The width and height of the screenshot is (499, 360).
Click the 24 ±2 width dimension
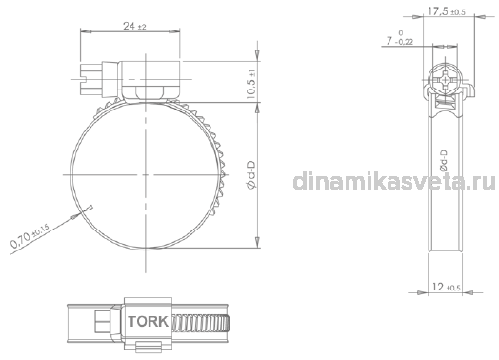pos(134,26)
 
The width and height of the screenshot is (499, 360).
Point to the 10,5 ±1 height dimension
pos(251,84)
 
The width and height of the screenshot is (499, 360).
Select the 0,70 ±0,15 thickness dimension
pos(30,235)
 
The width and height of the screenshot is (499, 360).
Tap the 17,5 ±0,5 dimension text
pos(447,11)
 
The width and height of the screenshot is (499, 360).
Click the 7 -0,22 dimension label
pos(400,38)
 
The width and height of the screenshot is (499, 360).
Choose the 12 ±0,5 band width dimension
pos(447,287)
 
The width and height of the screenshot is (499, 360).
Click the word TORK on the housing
pos(148,322)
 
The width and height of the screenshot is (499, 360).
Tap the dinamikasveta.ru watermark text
pos(394,182)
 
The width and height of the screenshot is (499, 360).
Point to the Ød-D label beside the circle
pos(251,174)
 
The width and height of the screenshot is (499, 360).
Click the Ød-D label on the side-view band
pos(443,161)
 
